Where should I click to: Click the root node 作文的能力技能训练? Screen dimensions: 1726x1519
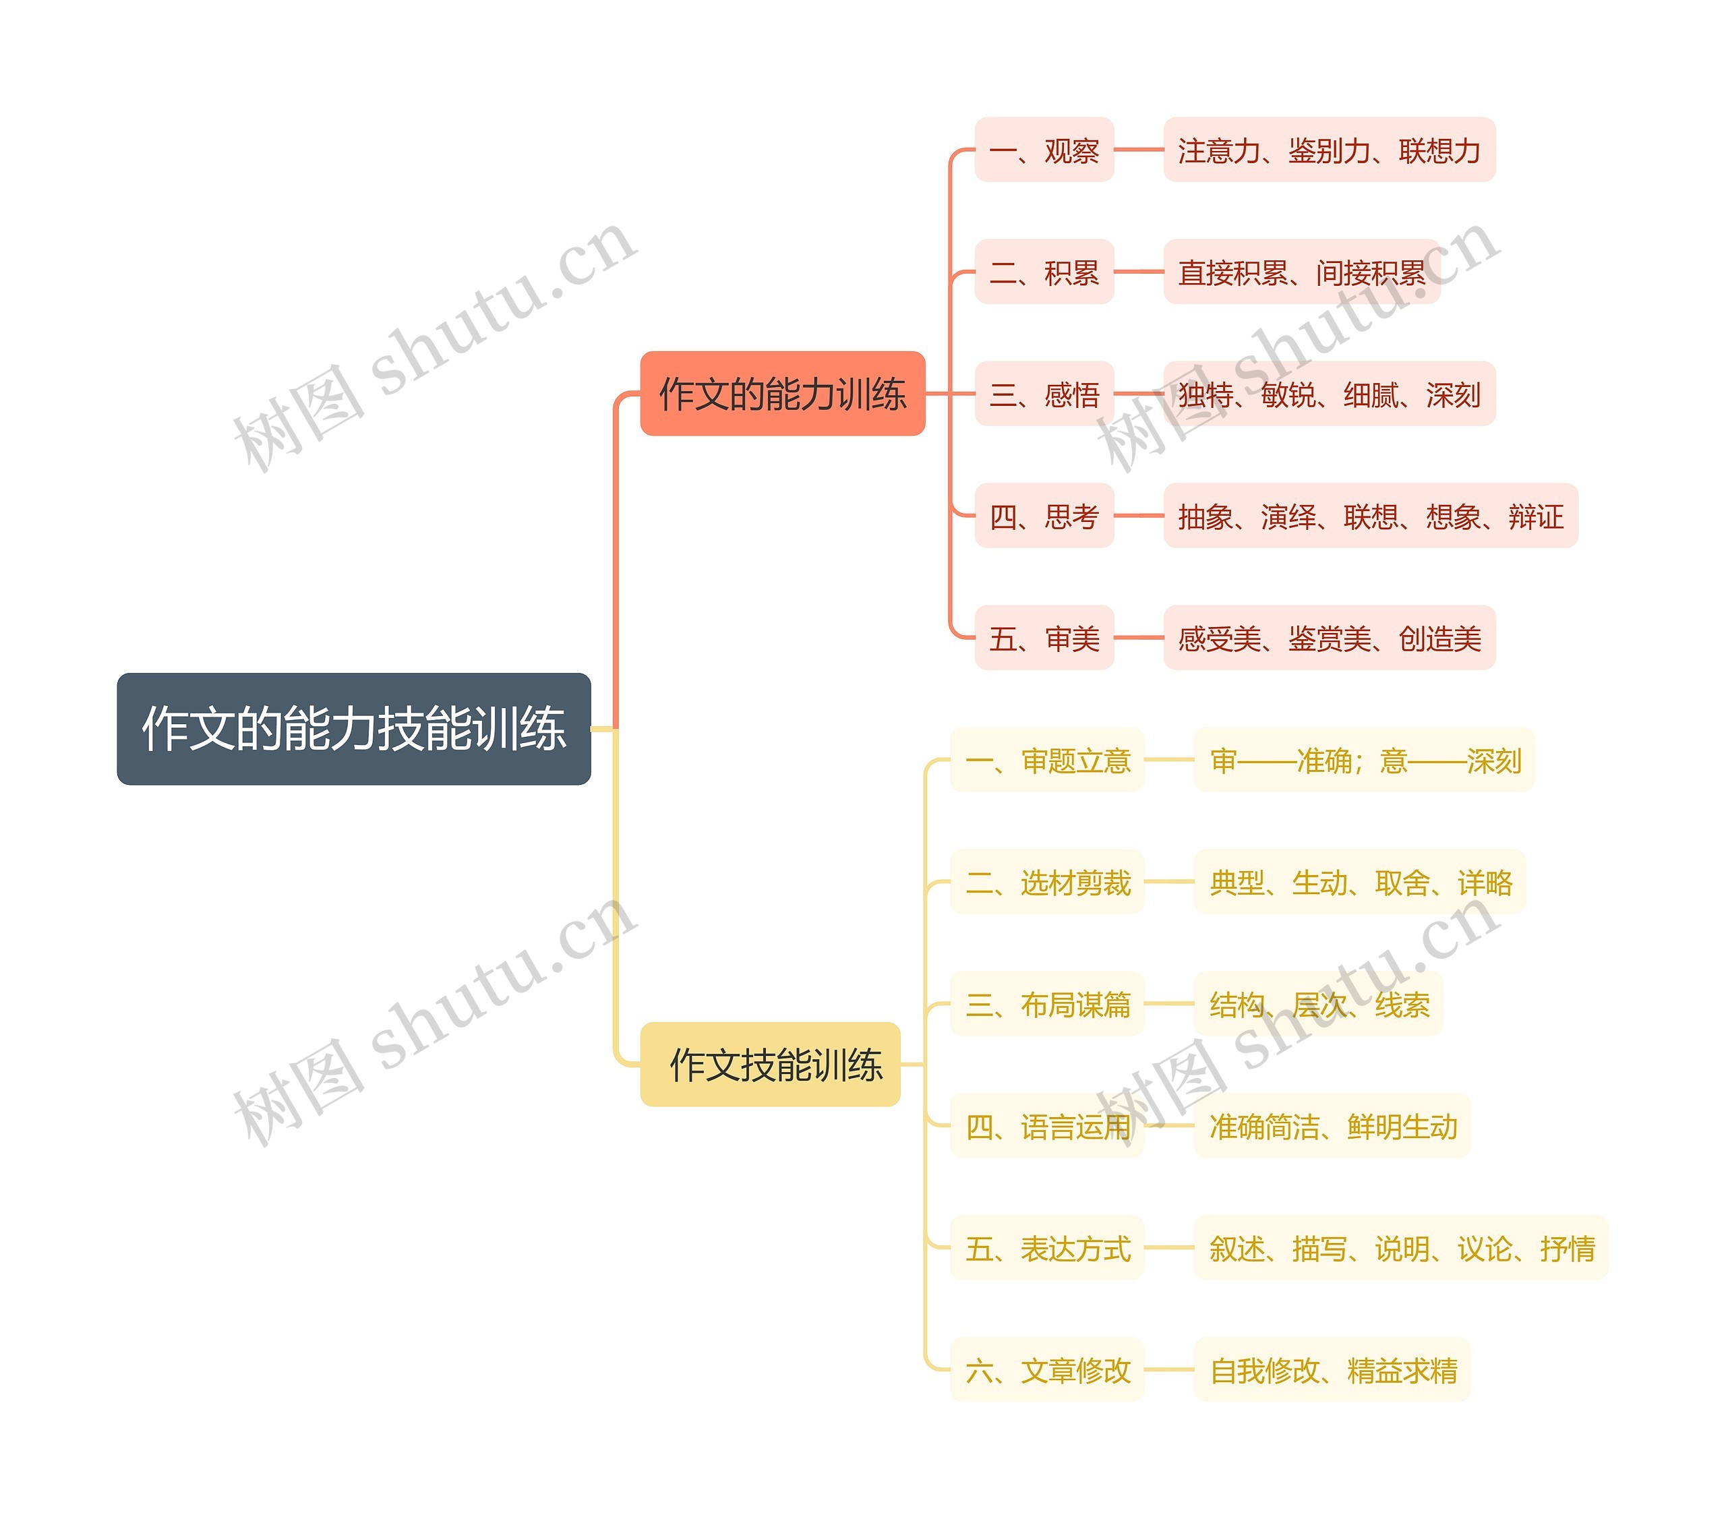[x=353, y=728]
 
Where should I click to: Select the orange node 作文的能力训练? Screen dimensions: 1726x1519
[x=782, y=394]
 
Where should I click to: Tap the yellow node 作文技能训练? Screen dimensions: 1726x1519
[x=770, y=1064]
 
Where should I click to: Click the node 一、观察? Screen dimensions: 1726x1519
[x=1044, y=150]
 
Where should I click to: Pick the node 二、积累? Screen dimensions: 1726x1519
[x=1044, y=272]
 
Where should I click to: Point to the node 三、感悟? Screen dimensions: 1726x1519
[x=1044, y=394]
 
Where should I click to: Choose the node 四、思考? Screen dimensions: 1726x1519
[x=1044, y=516]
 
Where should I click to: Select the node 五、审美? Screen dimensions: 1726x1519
[x=1044, y=638]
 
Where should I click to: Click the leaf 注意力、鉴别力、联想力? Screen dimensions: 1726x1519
[x=1329, y=150]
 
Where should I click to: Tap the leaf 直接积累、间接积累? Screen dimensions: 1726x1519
[x=1301, y=272]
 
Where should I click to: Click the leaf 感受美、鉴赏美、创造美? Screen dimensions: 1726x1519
[x=1329, y=638]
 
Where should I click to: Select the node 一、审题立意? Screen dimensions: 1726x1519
[x=1047, y=760]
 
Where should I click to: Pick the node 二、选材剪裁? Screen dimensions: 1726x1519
[x=1047, y=883]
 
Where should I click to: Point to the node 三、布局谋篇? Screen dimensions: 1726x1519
[x=1047, y=1004]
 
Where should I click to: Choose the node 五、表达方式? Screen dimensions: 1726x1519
[x=1047, y=1248]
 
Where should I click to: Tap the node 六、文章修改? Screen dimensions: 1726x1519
[x=1047, y=1369]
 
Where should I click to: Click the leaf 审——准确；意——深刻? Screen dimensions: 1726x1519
[x=1364, y=760]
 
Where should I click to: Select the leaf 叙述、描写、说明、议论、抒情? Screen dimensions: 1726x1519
[x=1401, y=1248]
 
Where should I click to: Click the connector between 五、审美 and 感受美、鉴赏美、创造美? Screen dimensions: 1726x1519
[x=1138, y=638]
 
